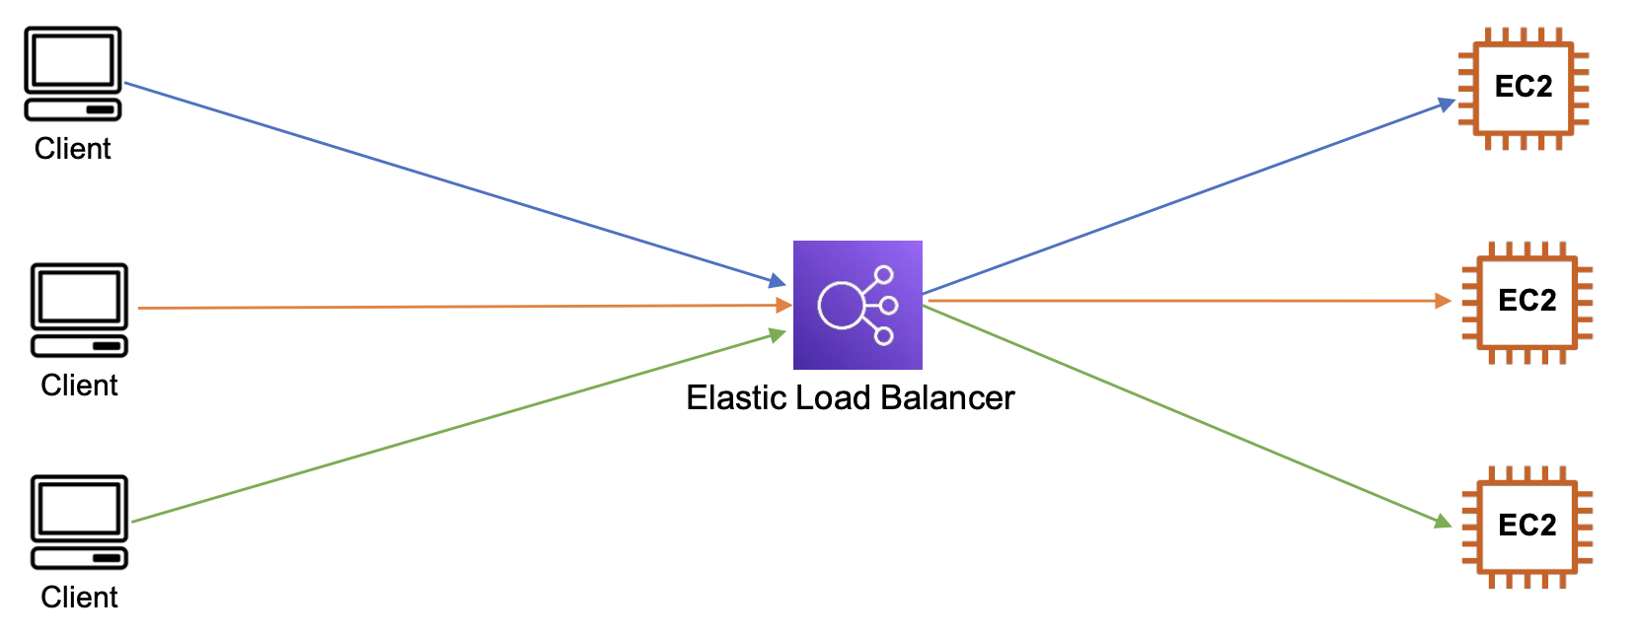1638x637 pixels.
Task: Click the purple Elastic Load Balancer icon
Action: pyautogui.click(x=857, y=305)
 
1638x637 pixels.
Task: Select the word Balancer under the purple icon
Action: pyautogui.click(x=948, y=397)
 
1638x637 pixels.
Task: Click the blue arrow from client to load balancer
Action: pyautogui.click(x=454, y=183)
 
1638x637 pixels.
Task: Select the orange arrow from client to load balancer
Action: pyautogui.click(x=464, y=307)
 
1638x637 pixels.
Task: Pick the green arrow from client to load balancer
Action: pyautogui.click(x=459, y=428)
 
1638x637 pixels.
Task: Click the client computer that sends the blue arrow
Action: pyautogui.click(x=73, y=74)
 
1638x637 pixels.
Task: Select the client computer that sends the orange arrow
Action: pyautogui.click(x=80, y=310)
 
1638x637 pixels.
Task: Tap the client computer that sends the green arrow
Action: pyautogui.click(x=80, y=522)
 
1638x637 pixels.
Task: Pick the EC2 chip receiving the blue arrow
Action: pyautogui.click(x=1524, y=88)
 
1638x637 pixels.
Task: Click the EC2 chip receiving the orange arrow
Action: pyautogui.click(x=1526, y=302)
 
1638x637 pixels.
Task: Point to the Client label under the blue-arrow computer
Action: pyautogui.click(x=72, y=149)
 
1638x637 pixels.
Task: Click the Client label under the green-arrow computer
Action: pyautogui.click(x=79, y=597)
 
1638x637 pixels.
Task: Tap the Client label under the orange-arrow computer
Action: pyautogui.click(x=79, y=385)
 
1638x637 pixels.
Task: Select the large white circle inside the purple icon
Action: pyautogui.click(x=841, y=305)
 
